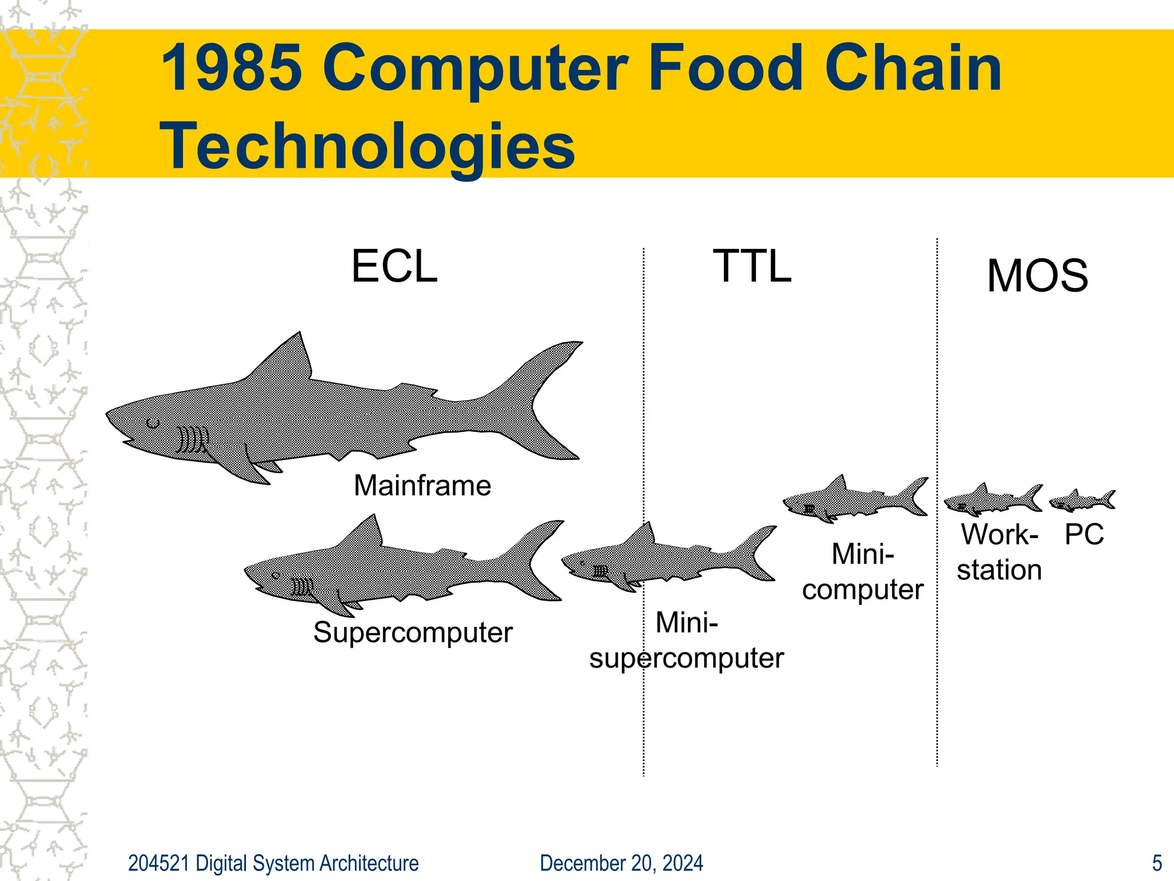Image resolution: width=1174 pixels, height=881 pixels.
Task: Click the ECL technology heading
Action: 394,267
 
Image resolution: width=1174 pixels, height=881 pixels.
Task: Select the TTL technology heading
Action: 752,267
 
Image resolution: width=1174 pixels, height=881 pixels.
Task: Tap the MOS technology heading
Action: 1038,276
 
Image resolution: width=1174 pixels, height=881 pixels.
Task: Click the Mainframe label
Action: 422,486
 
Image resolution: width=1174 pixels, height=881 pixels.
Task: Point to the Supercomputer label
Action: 413,633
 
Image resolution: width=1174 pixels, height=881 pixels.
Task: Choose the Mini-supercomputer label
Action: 687,640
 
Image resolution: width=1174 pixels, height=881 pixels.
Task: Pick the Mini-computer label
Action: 863,572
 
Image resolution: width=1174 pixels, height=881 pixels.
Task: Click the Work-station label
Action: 1000,552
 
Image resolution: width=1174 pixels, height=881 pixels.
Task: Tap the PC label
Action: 1084,535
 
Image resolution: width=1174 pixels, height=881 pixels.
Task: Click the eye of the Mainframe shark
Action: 152,424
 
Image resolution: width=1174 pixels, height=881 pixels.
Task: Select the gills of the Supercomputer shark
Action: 302,587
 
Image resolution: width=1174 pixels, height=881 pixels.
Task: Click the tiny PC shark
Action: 1082,501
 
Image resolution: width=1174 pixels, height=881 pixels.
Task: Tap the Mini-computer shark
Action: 854,498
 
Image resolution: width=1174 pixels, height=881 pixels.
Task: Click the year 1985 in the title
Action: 232,68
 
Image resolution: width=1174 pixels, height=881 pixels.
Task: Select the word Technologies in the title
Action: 367,146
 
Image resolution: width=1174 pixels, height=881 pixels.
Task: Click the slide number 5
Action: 1157,863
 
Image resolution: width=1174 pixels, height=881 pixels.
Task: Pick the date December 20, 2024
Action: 621,863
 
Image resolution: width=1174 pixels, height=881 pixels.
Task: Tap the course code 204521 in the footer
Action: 159,863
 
